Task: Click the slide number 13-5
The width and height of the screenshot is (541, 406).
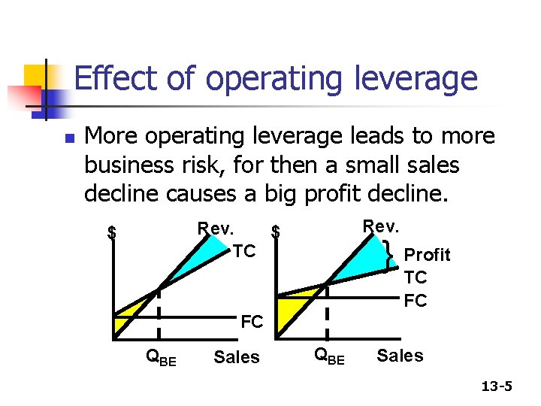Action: pos(497,386)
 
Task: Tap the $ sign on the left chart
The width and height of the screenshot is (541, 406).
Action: pos(112,232)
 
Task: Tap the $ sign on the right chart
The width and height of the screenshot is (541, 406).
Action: pos(276,232)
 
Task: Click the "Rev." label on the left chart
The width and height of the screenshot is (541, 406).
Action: pos(216,227)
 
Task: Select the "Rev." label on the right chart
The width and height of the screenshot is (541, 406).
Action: pos(382,226)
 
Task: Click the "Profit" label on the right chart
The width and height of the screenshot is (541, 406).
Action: pos(427,255)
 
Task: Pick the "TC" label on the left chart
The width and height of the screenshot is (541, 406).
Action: pos(243,251)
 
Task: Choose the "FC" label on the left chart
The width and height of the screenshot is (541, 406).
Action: pos(252,323)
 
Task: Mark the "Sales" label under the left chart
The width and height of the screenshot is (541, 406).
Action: pos(237,357)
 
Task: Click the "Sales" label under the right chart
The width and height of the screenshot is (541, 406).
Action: pos(400,355)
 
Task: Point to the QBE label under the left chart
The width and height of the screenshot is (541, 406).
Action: pos(161,358)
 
